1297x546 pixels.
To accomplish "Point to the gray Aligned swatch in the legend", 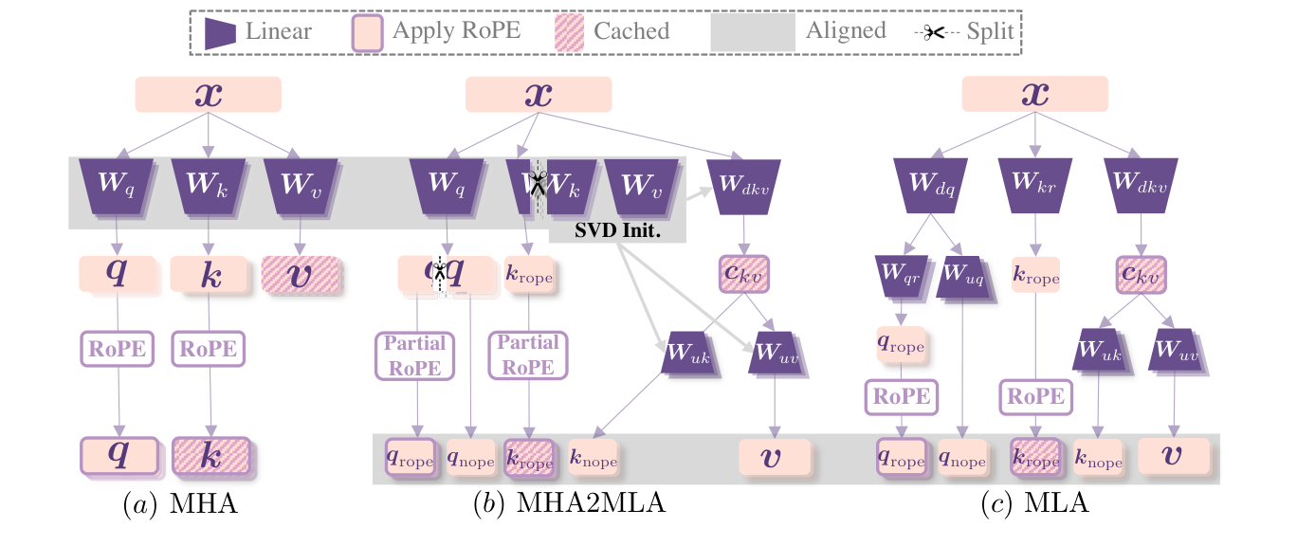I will point(752,31).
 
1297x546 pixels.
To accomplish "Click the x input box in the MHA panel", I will point(209,95).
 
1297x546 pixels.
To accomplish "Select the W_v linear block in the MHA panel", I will point(301,184).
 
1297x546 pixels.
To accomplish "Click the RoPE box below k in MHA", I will point(209,348).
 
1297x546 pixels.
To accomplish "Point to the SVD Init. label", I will point(616,229).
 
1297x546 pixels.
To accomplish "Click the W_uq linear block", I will point(963,275).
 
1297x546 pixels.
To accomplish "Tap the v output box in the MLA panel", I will point(1174,457).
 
